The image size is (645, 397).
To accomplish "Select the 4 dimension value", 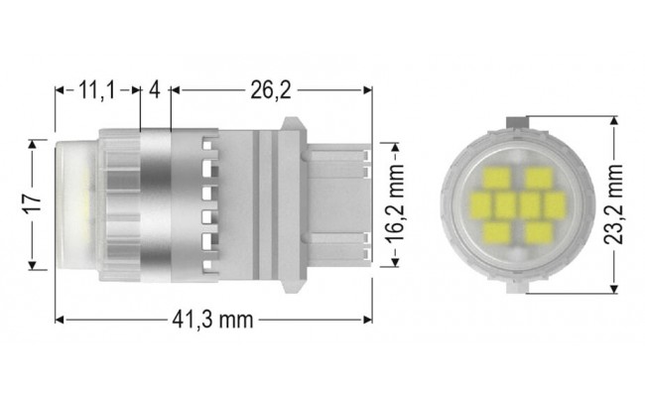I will pos(155,91).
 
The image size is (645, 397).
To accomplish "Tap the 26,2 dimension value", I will pos(270,91).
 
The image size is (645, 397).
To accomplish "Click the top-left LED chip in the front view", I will pos(495,181).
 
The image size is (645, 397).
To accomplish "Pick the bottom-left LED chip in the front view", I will pos(495,232).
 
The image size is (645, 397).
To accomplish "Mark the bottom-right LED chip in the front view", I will pos(539,232).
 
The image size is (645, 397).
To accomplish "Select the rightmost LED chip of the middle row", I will pos(553,206).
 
